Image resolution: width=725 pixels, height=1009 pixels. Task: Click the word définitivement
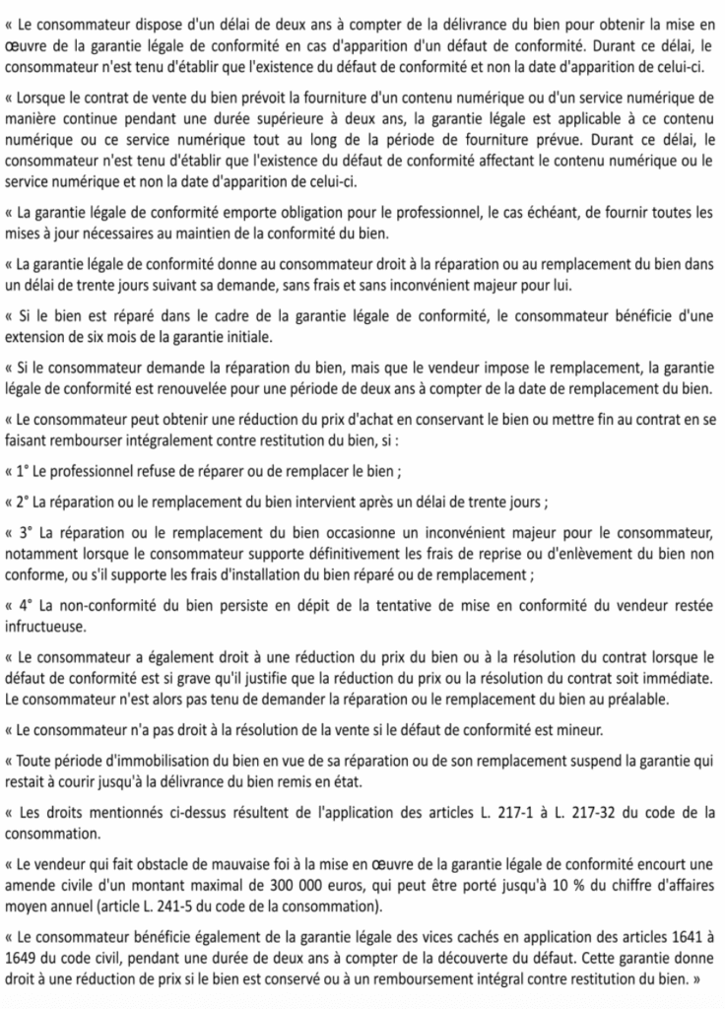339,553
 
